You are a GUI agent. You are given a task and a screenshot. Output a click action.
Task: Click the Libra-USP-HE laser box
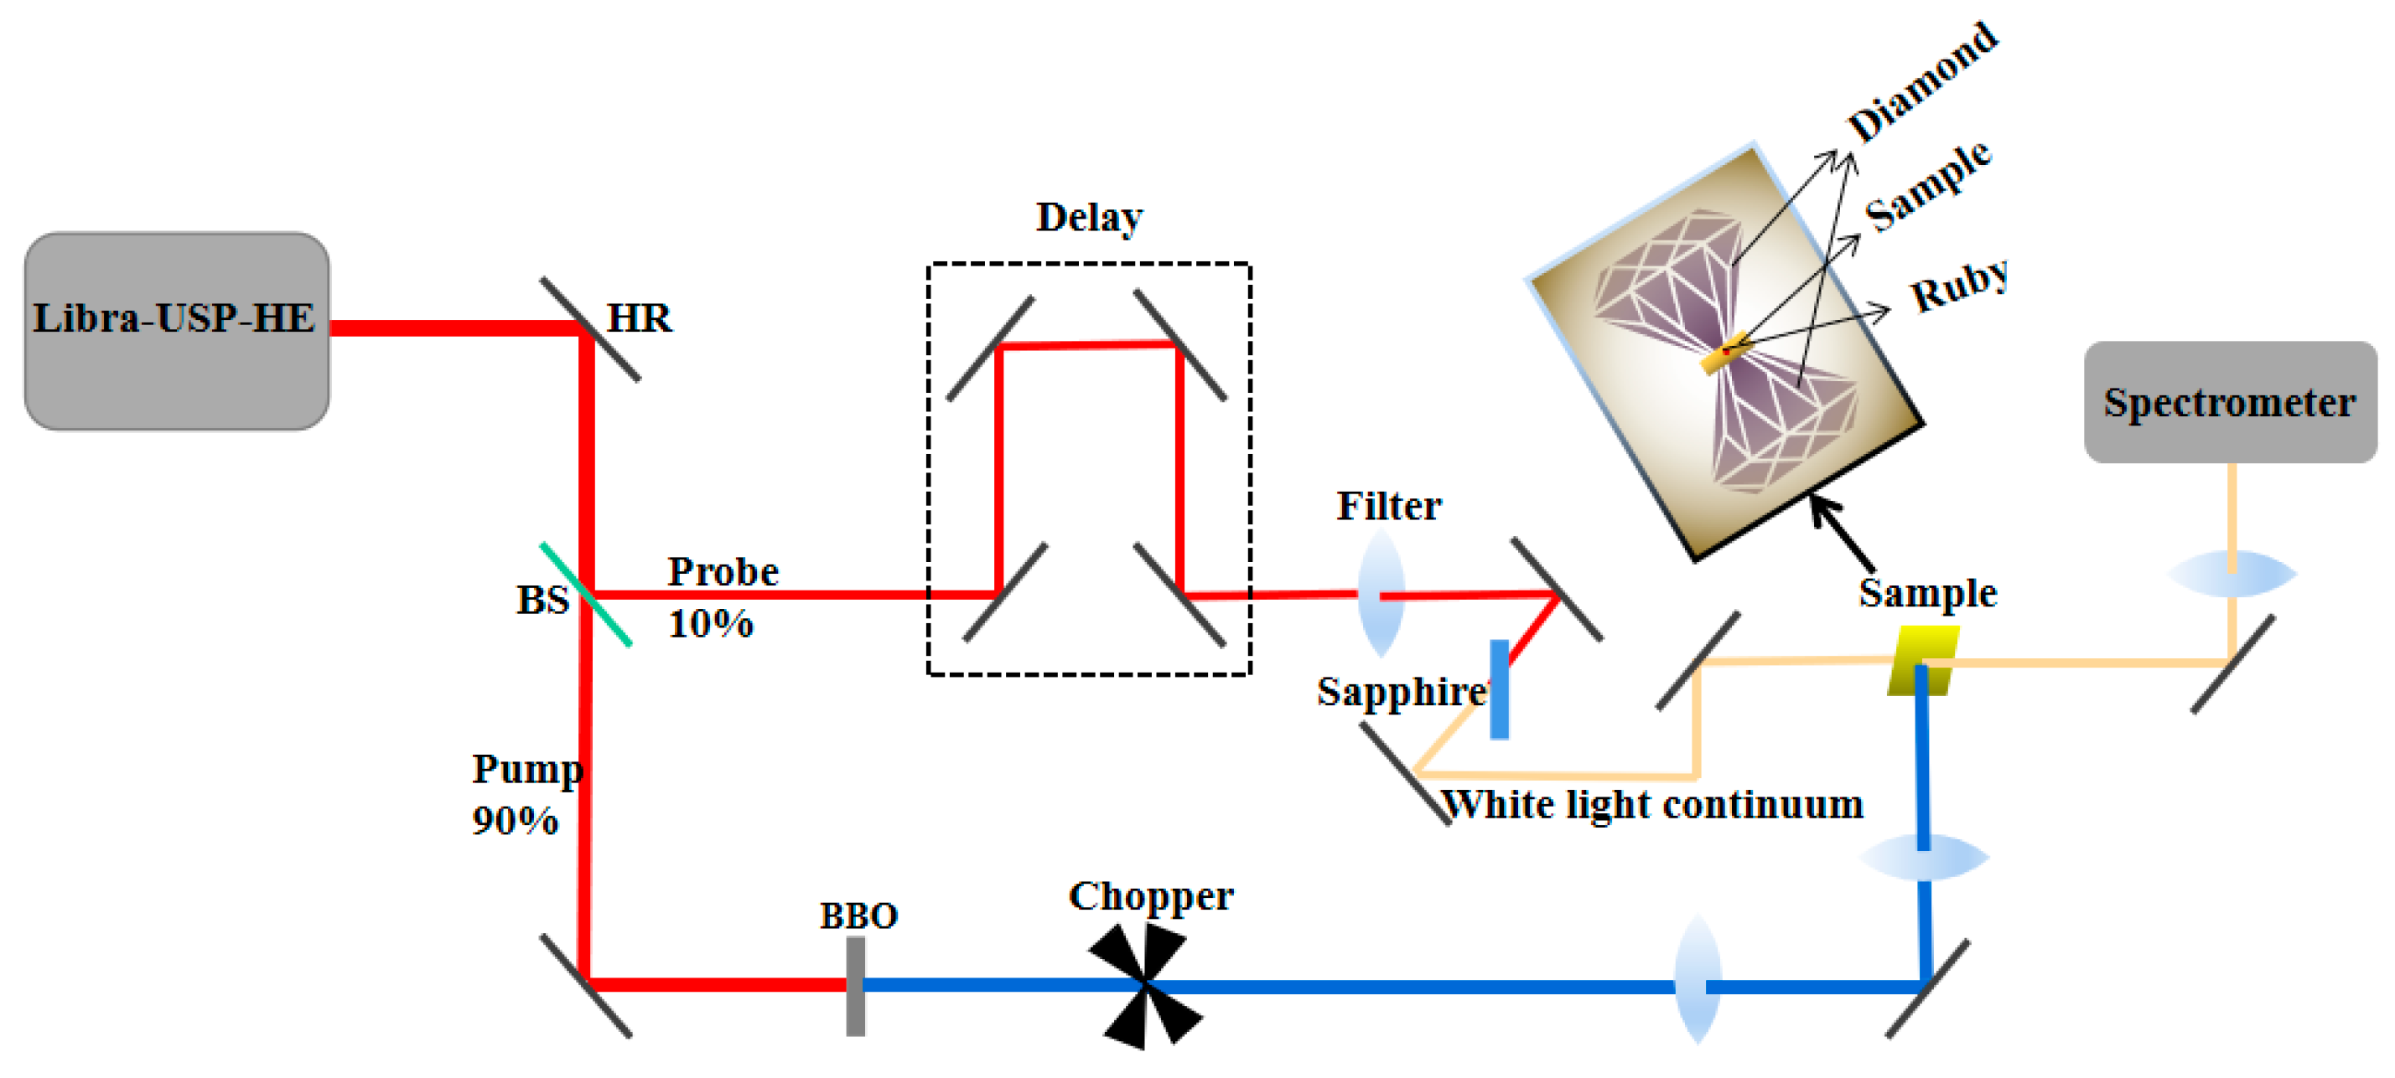point(176,332)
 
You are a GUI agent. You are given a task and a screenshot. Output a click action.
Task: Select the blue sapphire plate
point(1499,689)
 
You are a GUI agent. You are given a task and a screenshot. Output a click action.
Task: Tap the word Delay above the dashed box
point(1089,218)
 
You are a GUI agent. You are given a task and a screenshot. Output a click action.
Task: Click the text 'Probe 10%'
point(722,596)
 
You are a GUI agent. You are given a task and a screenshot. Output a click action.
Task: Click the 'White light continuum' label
point(1652,805)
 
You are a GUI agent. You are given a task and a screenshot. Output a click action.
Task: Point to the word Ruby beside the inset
point(1958,286)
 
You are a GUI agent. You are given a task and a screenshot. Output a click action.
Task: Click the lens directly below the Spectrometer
point(2232,574)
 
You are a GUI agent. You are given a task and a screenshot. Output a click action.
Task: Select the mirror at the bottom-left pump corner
point(586,985)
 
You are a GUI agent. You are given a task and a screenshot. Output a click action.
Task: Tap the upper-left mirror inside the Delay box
point(990,348)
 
